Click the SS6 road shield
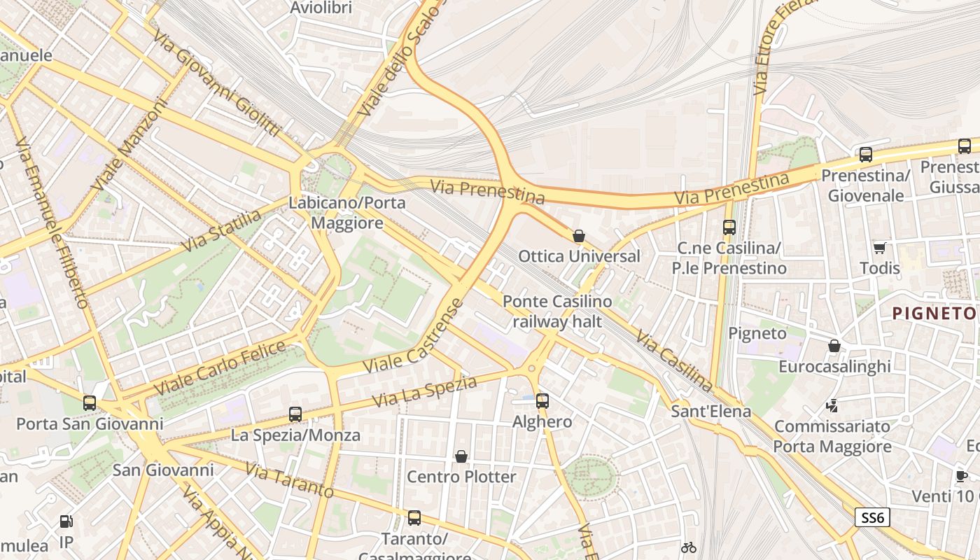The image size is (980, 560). [x=872, y=518]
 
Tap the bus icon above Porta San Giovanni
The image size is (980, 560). [x=90, y=403]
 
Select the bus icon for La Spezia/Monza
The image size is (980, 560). [x=295, y=414]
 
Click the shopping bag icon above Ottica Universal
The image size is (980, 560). [x=579, y=236]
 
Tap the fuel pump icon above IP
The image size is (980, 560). [x=66, y=521]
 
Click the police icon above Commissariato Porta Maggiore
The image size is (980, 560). [x=832, y=405]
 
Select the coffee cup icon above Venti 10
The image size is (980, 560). [x=962, y=476]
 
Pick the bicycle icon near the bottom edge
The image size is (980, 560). [x=689, y=547]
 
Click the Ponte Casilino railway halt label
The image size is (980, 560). [x=557, y=311]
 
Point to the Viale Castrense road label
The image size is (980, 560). [x=405, y=338]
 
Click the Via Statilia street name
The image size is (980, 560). [x=221, y=231]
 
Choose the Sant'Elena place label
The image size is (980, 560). [x=710, y=411]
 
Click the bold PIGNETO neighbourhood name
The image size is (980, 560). [x=934, y=313]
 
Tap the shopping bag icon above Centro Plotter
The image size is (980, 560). [x=461, y=457]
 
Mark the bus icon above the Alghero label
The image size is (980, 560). [x=542, y=401]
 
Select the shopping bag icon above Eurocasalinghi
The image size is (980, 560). [x=834, y=346]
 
